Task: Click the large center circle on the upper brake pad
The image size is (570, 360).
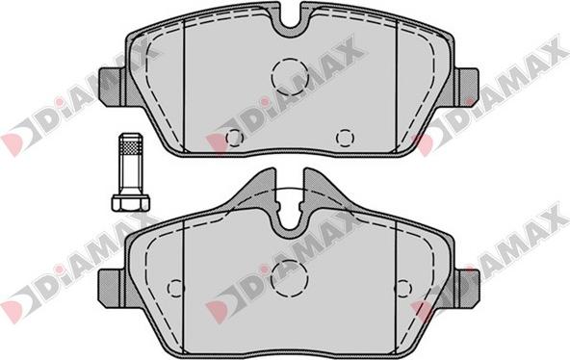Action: [289, 75]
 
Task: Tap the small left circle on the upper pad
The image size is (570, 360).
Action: [233, 137]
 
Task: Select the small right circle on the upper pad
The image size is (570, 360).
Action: [344, 137]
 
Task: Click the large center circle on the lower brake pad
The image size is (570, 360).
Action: [289, 277]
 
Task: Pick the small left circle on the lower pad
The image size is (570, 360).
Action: [174, 288]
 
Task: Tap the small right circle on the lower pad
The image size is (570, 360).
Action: [403, 288]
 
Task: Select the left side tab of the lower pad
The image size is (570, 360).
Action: [109, 284]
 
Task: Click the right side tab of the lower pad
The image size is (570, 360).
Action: [469, 284]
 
